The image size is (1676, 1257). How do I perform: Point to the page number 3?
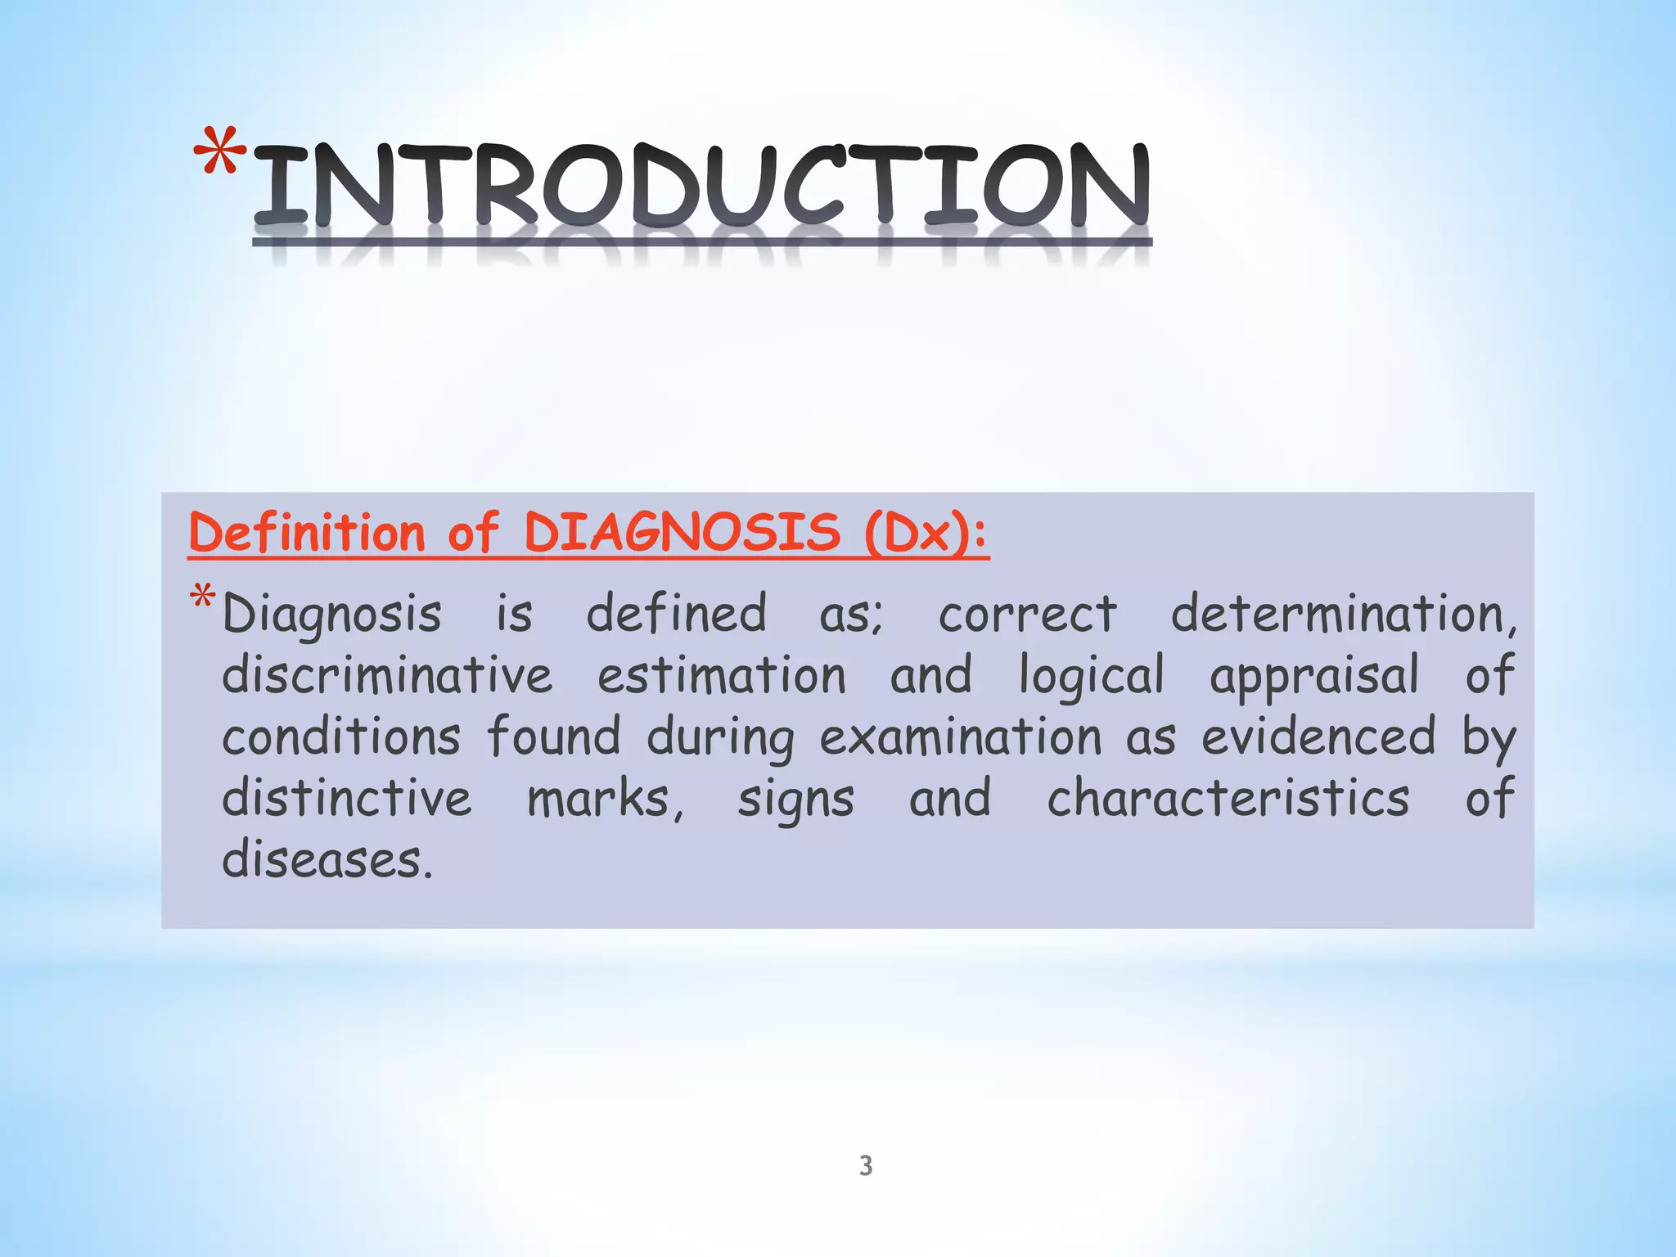pyautogui.click(x=866, y=1165)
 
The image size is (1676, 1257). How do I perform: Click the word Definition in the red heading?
pyautogui.click(x=307, y=533)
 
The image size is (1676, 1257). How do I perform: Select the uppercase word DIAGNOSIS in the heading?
pyautogui.click(x=682, y=533)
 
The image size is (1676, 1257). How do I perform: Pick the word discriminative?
pyautogui.click(x=387, y=676)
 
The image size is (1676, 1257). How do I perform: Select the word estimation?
pyautogui.click(x=722, y=676)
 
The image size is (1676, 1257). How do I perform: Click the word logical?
pyautogui.click(x=1091, y=678)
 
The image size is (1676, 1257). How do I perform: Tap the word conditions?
pyautogui.click(x=341, y=737)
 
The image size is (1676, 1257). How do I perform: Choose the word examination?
pyautogui.click(x=961, y=737)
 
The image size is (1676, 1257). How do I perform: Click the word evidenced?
pyautogui.click(x=1318, y=737)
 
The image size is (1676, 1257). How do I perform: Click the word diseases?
pyautogui.click(x=327, y=859)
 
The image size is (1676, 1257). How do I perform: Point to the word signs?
pyautogui.click(x=795, y=800)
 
